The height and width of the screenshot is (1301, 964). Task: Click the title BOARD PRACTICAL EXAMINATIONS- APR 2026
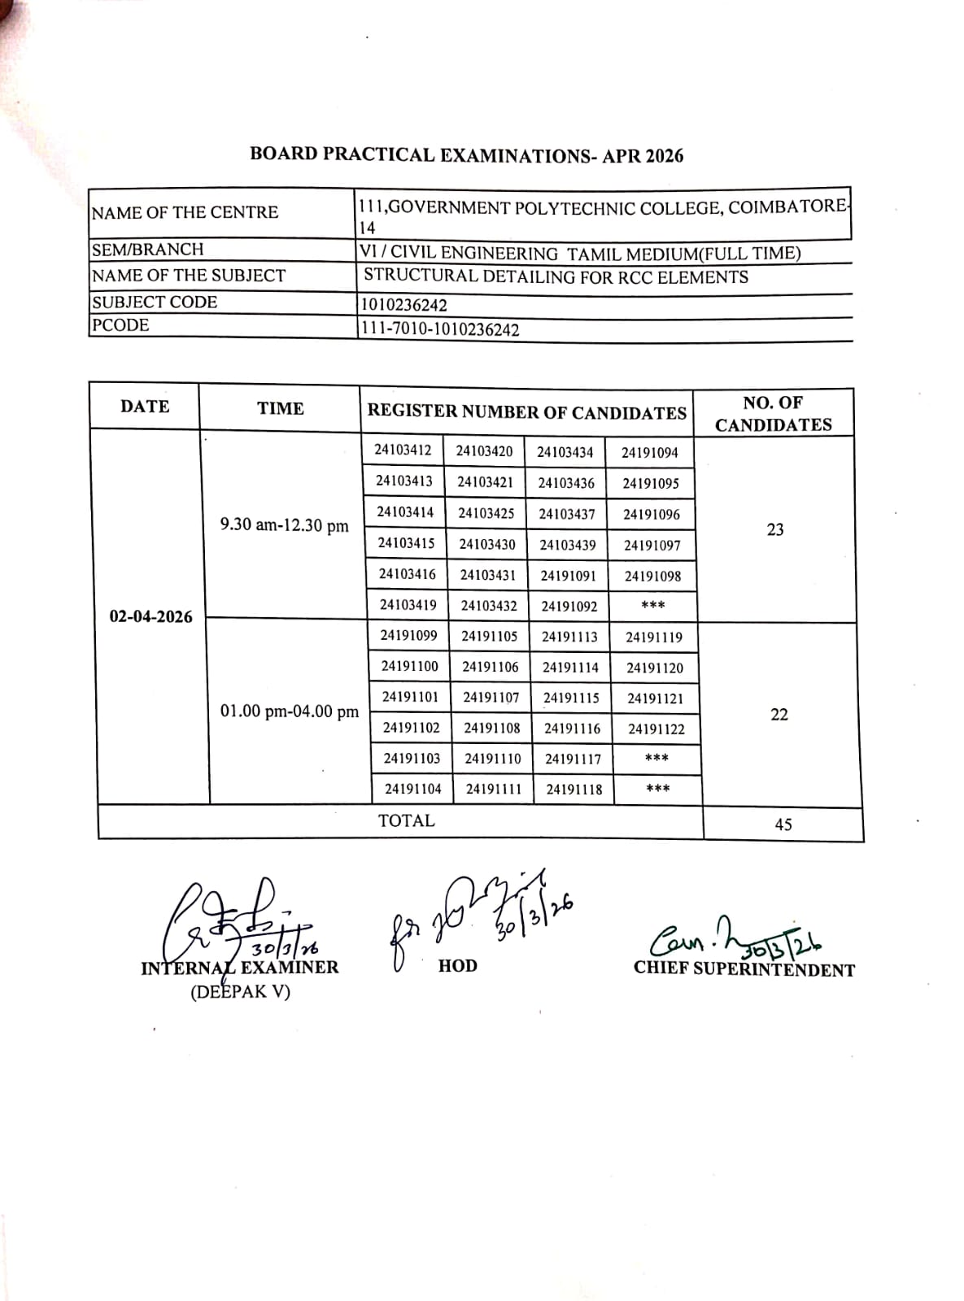coord(466,154)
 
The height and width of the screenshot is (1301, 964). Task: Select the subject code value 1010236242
coord(403,305)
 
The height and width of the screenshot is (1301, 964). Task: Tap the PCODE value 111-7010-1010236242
coord(439,329)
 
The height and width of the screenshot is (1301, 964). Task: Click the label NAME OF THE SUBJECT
coord(189,276)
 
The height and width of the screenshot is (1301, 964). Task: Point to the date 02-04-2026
coord(150,616)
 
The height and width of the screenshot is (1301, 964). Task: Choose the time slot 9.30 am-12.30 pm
coord(284,525)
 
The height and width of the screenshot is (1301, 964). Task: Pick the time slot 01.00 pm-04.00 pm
coord(289,711)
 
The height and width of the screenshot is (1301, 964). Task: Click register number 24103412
coord(403,450)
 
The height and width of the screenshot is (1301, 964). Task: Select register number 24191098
coord(652,577)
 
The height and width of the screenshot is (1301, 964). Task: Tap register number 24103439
coord(568,545)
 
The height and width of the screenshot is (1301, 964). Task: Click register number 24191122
coord(656,729)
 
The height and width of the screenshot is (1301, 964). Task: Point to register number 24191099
coord(408,636)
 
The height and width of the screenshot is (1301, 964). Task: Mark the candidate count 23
coord(775,529)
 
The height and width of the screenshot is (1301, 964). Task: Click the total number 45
coord(783,825)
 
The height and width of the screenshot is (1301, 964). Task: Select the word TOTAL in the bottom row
coord(406,820)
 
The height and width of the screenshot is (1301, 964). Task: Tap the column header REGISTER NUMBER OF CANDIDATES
coord(526,411)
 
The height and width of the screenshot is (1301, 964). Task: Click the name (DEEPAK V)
coord(240,992)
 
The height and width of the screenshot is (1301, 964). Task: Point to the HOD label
coord(457,966)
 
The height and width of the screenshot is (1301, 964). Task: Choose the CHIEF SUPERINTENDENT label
coord(744,969)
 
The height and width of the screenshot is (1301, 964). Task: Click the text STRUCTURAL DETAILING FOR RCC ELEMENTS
coord(556,276)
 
